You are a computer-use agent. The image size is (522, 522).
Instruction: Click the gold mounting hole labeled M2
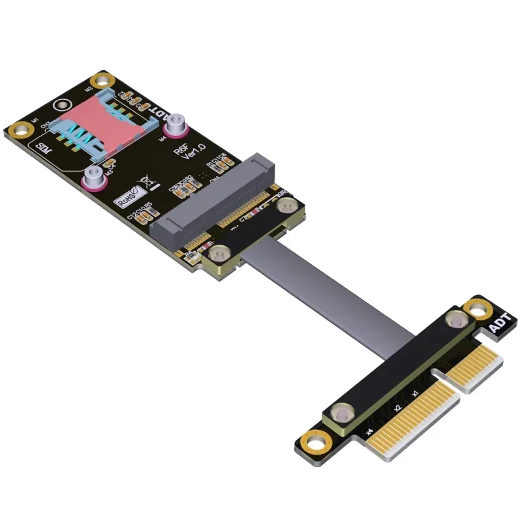point(100,82)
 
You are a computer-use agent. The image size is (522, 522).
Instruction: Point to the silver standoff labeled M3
point(93,177)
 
